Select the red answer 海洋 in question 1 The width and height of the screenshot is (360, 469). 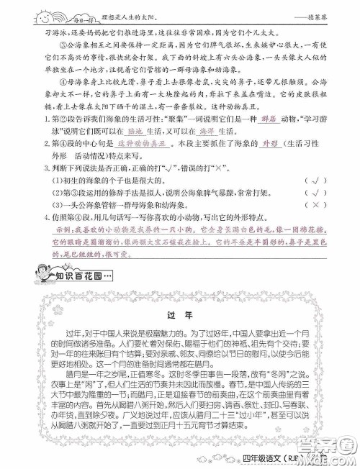click(x=207, y=152)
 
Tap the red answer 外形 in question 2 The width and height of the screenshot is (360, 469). click(x=271, y=164)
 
